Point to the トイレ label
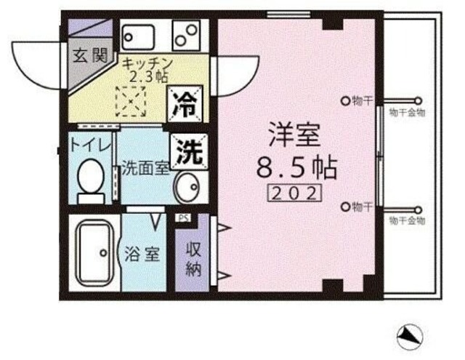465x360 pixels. tap(90, 145)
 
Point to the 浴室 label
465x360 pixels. tap(142, 256)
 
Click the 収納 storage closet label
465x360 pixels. tap(193, 257)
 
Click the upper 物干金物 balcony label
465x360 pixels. tap(407, 113)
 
